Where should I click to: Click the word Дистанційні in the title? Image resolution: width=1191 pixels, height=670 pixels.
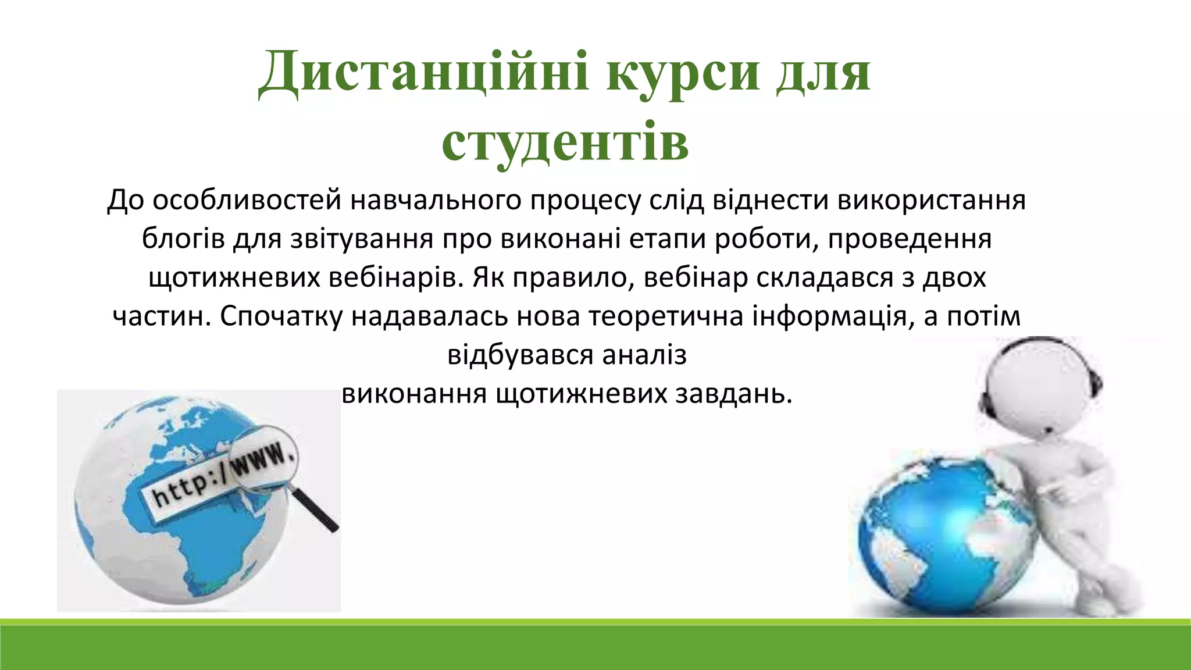pos(423,73)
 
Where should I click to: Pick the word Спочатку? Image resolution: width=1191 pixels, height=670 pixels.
pos(281,316)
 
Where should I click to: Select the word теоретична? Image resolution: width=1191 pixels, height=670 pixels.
pos(666,316)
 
